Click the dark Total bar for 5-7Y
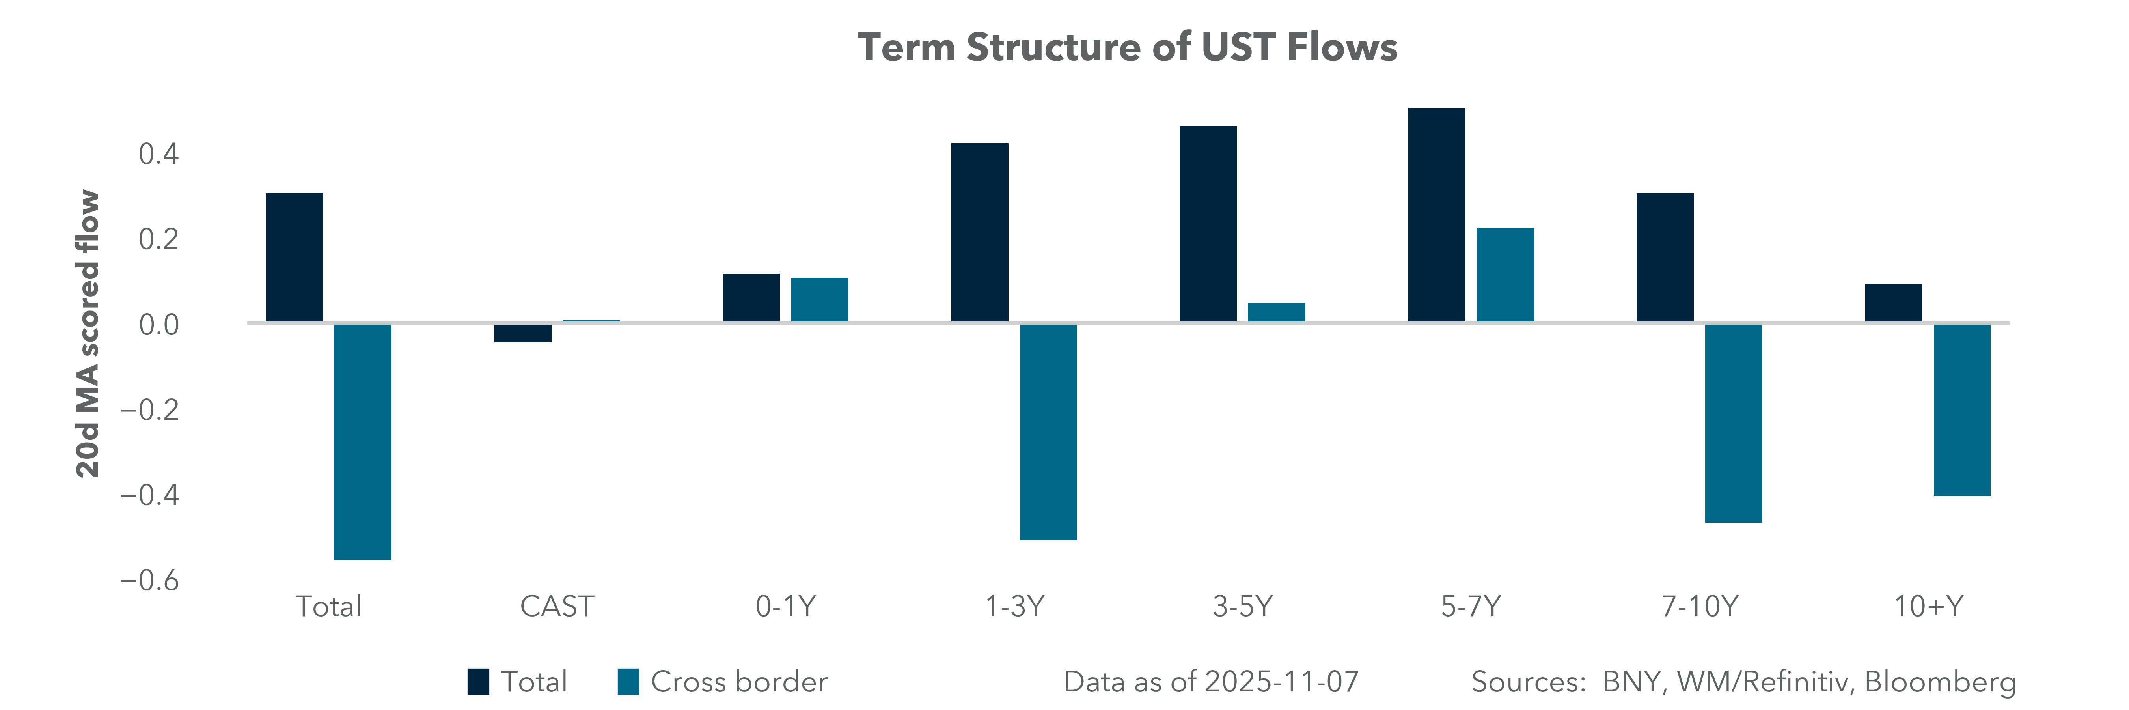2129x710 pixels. (1436, 215)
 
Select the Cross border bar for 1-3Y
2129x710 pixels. (1048, 432)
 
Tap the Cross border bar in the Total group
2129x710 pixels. (363, 441)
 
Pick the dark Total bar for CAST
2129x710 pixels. (522, 332)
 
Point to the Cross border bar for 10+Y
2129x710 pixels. (1962, 410)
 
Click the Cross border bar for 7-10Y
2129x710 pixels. (1733, 423)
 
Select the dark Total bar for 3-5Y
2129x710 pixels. (1208, 224)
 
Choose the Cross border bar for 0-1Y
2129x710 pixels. (819, 299)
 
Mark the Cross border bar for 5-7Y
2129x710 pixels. (1505, 275)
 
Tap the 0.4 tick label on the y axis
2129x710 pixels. (158, 154)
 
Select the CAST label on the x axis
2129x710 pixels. (556, 607)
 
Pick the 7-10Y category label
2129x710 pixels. (1699, 607)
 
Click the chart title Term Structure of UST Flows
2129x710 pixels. (1127, 47)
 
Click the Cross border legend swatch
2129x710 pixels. (628, 682)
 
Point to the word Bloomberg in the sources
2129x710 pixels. (1940, 682)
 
